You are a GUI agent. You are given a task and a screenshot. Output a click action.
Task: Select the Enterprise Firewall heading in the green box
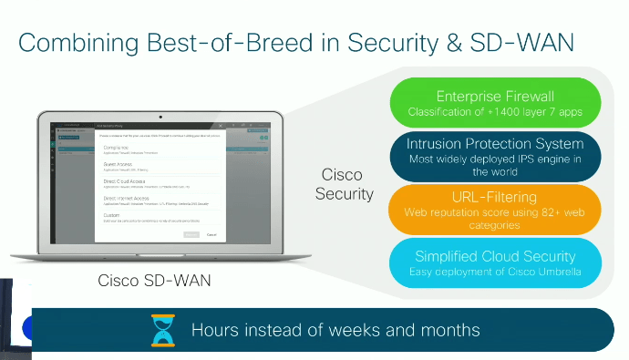point(495,96)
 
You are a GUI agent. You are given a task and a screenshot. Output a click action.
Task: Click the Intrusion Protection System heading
point(496,144)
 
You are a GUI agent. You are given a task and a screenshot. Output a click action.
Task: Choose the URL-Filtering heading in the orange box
point(495,196)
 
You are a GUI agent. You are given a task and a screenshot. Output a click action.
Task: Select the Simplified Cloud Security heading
point(495,256)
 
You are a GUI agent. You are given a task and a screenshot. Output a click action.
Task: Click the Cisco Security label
point(344,183)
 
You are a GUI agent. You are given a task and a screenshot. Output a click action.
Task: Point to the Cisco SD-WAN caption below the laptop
point(154,281)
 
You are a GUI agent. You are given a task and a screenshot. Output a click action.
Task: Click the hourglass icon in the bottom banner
point(161,330)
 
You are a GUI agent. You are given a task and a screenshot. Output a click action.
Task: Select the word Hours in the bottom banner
point(216,330)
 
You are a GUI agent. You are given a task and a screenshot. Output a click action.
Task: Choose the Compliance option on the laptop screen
point(116,148)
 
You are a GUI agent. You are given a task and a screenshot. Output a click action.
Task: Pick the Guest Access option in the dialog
point(119,165)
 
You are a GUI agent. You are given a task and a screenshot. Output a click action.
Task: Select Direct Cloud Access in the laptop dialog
point(126,182)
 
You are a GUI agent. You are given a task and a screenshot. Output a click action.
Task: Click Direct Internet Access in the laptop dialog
point(129,198)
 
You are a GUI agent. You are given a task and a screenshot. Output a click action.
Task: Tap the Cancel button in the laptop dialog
point(211,234)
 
